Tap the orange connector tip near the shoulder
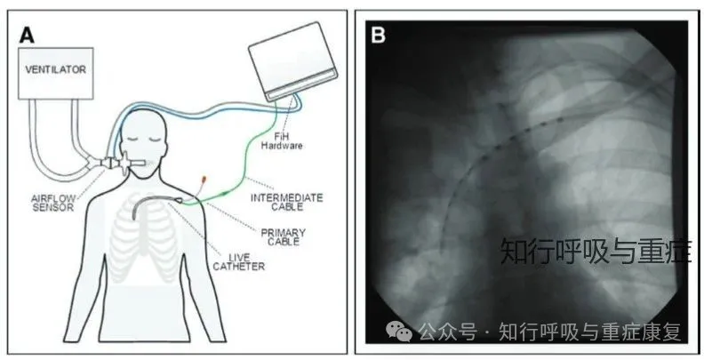tap(204, 180)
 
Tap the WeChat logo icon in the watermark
tap(403, 332)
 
